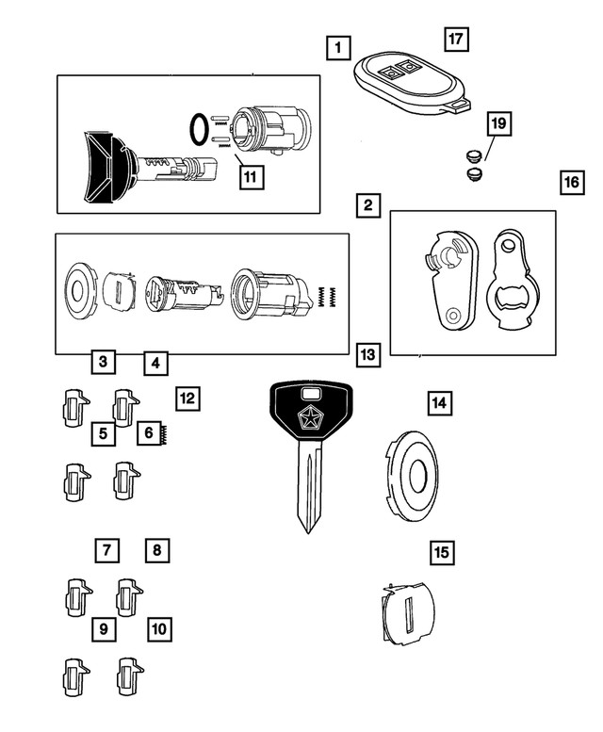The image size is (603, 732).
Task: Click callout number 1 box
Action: click(x=337, y=45)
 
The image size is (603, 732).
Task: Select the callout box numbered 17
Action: click(x=456, y=39)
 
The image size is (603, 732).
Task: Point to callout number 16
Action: click(x=569, y=182)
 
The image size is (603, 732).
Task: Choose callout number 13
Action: click(x=368, y=355)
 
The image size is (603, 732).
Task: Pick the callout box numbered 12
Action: click(x=187, y=399)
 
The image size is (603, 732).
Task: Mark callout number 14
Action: click(x=437, y=403)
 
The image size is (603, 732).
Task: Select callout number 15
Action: click(x=440, y=552)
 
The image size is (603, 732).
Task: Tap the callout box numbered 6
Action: click(x=149, y=433)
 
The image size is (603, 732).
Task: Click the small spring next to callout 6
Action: click(x=166, y=435)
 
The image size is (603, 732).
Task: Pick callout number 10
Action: click(x=158, y=627)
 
